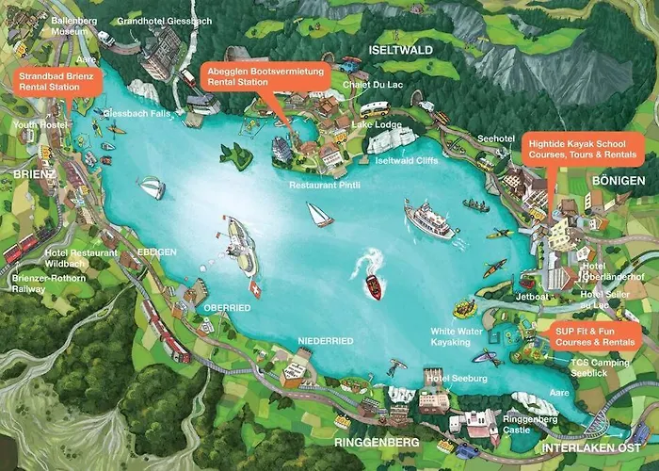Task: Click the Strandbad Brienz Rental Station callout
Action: (x=57, y=80)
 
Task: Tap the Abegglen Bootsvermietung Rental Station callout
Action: (x=266, y=76)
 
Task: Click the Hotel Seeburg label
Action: (x=457, y=378)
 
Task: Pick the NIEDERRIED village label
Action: (x=325, y=340)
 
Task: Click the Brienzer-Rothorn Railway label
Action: (x=48, y=284)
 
